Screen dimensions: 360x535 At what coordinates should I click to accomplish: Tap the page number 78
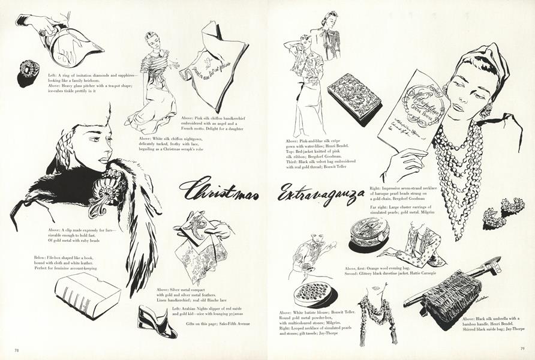[16, 348]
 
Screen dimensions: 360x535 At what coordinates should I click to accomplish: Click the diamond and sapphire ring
[28, 73]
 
